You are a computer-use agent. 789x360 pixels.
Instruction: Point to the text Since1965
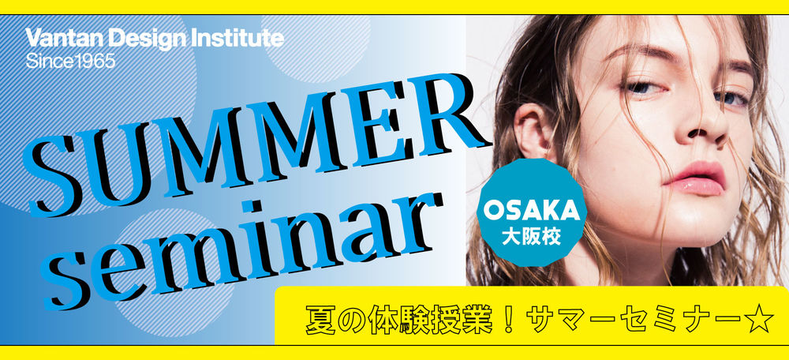[70, 62]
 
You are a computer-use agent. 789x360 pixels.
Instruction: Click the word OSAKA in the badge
[531, 212]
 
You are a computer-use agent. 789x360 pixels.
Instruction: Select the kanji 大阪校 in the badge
[531, 237]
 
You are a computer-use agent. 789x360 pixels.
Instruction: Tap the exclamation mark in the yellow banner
[508, 321]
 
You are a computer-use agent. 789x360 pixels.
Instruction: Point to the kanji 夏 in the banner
[320, 321]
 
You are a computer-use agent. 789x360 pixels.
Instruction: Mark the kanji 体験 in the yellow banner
[397, 321]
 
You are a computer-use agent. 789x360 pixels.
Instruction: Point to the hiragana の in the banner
[351, 321]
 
